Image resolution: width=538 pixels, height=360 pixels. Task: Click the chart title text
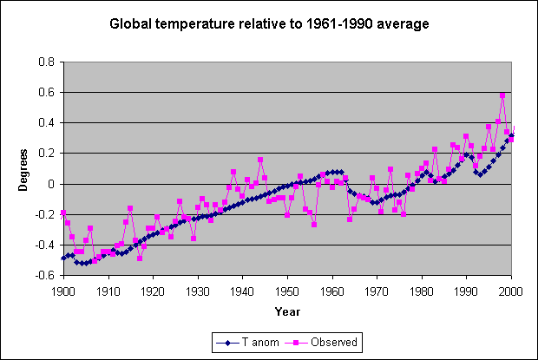[269, 24]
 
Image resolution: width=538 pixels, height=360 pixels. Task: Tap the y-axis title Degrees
[23, 170]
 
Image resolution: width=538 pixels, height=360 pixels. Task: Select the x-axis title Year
[287, 311]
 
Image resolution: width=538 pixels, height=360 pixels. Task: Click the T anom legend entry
[248, 342]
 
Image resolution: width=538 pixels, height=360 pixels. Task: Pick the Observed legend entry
[321, 342]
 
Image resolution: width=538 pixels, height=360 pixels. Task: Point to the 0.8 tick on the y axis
[46, 62]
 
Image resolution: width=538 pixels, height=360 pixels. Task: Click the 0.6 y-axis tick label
[46, 92]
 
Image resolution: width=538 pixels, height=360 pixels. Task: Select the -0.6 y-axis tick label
[44, 275]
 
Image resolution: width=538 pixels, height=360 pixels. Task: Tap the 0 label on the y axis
[51, 184]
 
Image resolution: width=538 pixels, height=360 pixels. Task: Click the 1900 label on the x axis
[63, 291]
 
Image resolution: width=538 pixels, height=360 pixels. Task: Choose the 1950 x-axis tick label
[287, 291]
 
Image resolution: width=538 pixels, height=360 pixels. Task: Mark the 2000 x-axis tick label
[510, 291]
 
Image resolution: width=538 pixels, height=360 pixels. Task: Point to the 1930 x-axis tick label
[198, 291]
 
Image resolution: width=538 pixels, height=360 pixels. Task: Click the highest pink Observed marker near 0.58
[502, 95]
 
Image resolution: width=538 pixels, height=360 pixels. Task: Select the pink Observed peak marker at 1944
[260, 160]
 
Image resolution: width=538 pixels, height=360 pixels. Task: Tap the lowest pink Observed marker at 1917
[140, 259]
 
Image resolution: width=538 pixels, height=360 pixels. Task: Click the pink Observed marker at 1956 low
[314, 225]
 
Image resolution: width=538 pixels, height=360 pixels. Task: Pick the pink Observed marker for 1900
[63, 213]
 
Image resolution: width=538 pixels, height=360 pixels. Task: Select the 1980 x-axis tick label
[421, 291]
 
